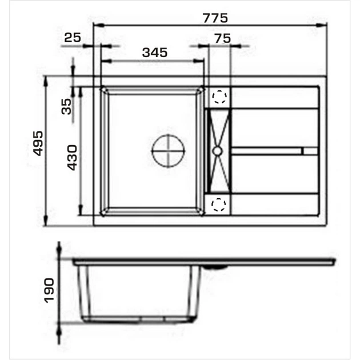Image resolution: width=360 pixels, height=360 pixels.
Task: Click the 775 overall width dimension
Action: click(215, 18)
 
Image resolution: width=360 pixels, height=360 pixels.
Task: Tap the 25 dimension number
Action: click(73, 37)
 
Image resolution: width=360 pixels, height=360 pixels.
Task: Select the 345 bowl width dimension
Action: click(155, 53)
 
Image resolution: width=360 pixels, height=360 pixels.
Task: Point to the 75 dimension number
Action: click(223, 38)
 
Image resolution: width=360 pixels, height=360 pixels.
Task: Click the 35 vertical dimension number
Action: click(67, 106)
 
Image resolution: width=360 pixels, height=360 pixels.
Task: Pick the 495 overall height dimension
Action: click(38, 143)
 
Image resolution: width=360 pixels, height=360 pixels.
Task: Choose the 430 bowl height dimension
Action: click(72, 158)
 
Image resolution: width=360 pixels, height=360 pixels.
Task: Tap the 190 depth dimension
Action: click(49, 290)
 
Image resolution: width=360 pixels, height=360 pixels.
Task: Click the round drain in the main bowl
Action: click(169, 151)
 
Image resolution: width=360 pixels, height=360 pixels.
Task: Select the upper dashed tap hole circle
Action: click(219, 97)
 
